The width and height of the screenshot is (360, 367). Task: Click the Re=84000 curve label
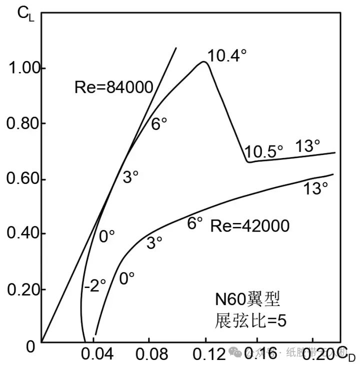coord(113,88)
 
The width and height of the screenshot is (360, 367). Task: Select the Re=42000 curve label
coord(249,226)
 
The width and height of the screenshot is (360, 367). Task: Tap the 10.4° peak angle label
coord(227,55)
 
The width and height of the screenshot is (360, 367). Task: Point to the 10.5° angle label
coord(264,150)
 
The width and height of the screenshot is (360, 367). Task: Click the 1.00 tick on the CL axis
coord(23,68)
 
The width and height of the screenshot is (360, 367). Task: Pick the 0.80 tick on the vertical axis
coord(23,123)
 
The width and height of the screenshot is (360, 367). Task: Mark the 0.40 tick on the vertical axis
coord(23,234)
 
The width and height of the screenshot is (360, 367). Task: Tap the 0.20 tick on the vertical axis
coord(23,290)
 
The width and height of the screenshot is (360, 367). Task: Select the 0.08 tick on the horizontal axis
coord(148,354)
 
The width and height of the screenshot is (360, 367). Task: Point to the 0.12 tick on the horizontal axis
coord(203,354)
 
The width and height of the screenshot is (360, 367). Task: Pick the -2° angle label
coord(94,285)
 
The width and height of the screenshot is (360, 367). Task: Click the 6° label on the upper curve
coord(159,123)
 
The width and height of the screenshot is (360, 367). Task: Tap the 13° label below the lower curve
coord(315,188)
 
